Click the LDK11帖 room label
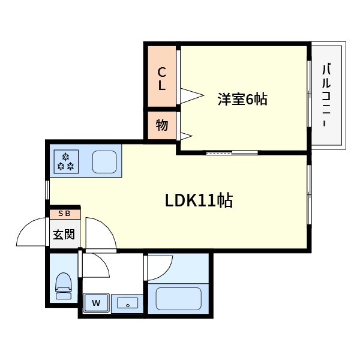click(199, 200)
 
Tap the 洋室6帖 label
click(242, 99)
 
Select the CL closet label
click(161, 79)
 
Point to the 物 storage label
click(162, 125)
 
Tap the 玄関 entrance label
click(64, 235)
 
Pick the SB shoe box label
click(64, 214)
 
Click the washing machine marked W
click(96, 303)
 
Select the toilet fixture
click(64, 286)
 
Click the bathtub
click(178, 299)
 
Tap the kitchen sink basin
click(104, 162)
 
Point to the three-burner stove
click(66, 161)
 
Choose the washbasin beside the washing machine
click(127, 303)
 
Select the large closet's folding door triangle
click(192, 95)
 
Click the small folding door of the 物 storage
click(186, 136)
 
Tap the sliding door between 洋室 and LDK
click(232, 153)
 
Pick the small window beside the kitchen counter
click(47, 190)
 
